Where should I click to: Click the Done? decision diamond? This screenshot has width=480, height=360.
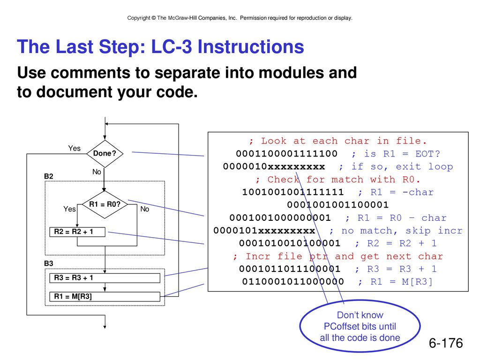(x=105, y=154)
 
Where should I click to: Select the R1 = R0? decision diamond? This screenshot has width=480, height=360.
(x=105, y=204)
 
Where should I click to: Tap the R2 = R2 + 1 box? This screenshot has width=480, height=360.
(x=77, y=232)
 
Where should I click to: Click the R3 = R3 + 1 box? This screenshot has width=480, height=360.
(x=105, y=278)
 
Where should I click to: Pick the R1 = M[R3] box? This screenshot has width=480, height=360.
(x=105, y=297)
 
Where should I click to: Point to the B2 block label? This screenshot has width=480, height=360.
(x=49, y=176)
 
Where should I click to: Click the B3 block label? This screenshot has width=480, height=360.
(x=49, y=263)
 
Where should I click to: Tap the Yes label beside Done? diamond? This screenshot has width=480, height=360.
(x=75, y=148)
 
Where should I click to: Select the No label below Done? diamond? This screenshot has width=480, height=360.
(x=97, y=172)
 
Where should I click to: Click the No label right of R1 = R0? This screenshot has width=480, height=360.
(x=145, y=209)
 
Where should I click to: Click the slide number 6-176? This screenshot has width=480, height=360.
(x=446, y=343)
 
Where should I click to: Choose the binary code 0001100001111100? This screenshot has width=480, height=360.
(x=287, y=154)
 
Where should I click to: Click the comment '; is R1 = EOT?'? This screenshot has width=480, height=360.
(x=396, y=154)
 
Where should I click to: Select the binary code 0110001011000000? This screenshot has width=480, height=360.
(x=293, y=282)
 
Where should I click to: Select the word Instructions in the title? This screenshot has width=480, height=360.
(x=251, y=46)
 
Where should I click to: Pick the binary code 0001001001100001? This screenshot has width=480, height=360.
(x=338, y=205)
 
